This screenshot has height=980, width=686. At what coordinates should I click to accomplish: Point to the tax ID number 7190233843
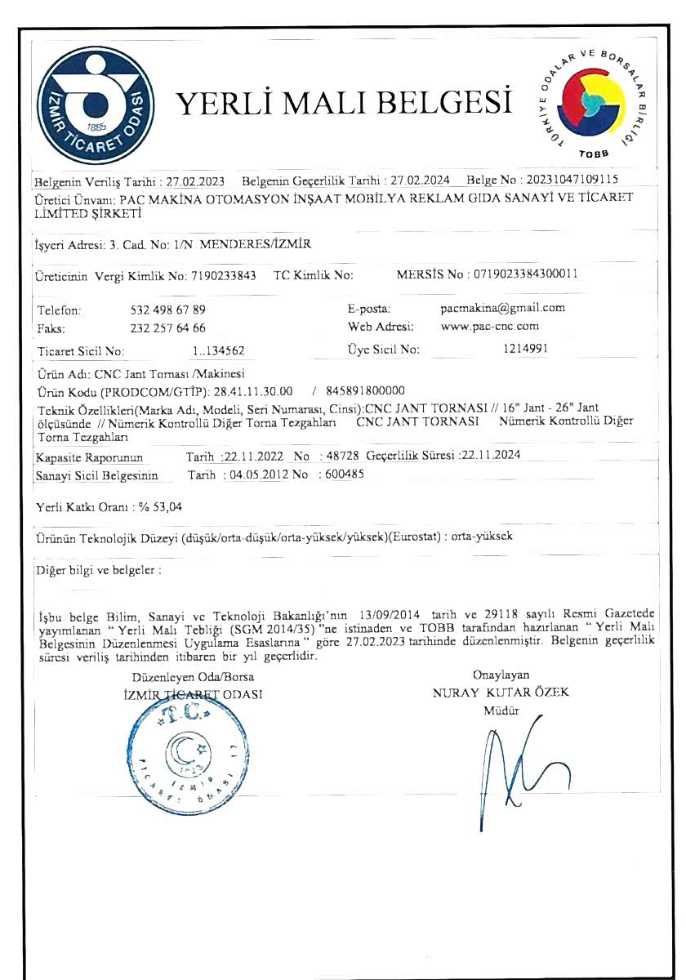click(x=223, y=276)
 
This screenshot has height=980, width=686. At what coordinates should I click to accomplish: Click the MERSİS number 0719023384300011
click(x=523, y=275)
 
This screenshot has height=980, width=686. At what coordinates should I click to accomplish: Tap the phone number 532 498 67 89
click(x=168, y=310)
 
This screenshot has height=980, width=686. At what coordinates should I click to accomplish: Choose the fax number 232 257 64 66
click(x=168, y=328)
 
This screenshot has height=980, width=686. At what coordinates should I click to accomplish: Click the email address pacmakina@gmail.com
click(x=502, y=309)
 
